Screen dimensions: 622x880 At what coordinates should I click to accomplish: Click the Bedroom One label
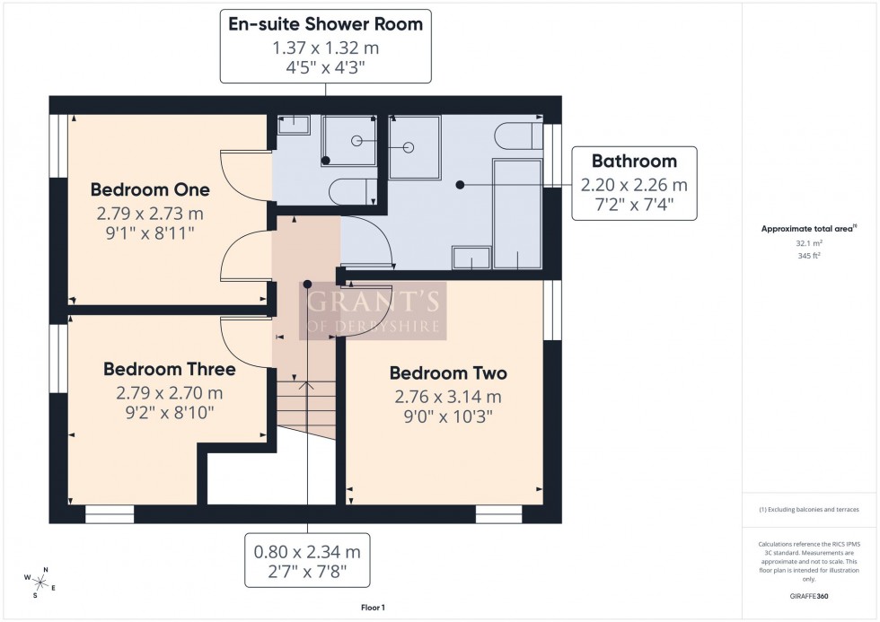tap(150, 190)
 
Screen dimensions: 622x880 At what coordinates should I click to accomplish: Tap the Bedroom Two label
tap(447, 373)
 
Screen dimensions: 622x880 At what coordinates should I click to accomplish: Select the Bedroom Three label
tap(169, 369)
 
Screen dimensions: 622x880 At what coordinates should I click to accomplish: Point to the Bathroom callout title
tap(633, 162)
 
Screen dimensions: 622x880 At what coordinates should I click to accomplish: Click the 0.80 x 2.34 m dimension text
tap(308, 551)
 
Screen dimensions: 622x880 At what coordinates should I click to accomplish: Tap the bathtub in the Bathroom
tap(518, 214)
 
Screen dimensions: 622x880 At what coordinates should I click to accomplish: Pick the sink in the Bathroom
tap(471, 258)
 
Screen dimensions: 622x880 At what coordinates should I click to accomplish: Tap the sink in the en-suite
tap(293, 125)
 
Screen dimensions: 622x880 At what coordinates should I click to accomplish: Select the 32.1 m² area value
tap(810, 244)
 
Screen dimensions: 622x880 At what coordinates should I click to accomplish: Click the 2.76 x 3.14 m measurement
tap(447, 397)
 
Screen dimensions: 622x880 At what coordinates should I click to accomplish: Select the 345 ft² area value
tap(810, 257)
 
